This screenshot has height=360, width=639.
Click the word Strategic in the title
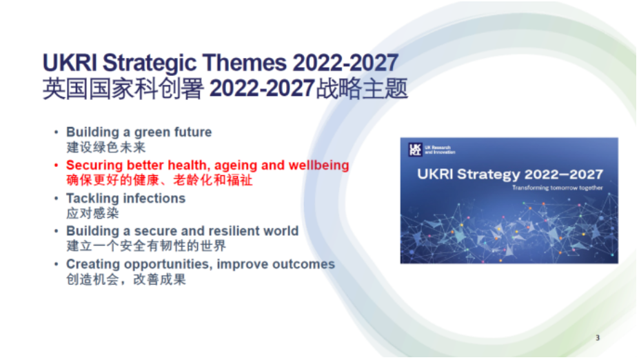pyautogui.click(x=150, y=63)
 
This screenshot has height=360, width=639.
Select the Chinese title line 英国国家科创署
pyautogui.click(x=123, y=88)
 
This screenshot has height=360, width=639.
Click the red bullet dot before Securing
pyautogui.click(x=57, y=165)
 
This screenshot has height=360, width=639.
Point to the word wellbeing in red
pyautogui.click(x=318, y=166)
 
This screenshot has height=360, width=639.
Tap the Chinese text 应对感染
pyautogui.click(x=92, y=213)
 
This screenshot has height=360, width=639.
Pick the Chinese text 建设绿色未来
pyautogui.click(x=106, y=147)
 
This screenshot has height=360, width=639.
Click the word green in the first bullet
pyautogui.click(x=152, y=132)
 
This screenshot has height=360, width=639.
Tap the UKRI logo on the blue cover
pyautogui.click(x=415, y=149)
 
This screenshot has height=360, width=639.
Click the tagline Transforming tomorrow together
pyautogui.click(x=557, y=188)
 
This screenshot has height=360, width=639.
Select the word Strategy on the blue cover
pyautogui.click(x=488, y=174)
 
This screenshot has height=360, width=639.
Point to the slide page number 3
pyautogui.click(x=598, y=337)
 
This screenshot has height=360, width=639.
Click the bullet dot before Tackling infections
pyautogui.click(x=57, y=198)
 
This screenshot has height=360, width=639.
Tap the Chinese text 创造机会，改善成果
pyautogui.click(x=126, y=279)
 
